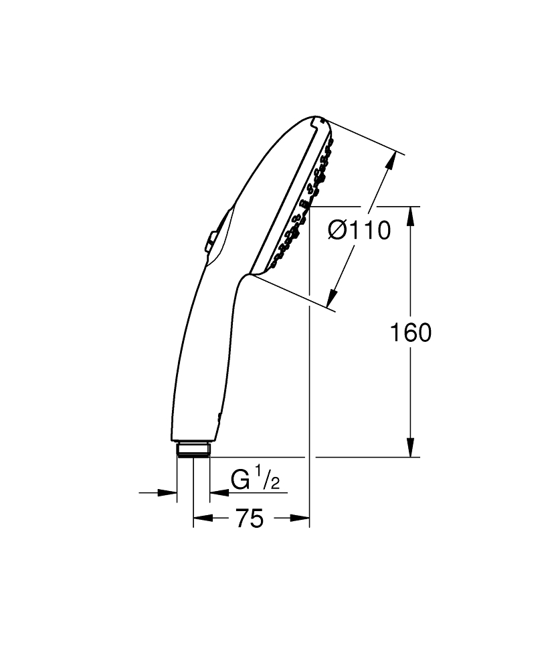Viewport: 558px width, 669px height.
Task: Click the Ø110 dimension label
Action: pyautogui.click(x=359, y=231)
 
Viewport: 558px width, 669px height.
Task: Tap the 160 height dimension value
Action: pyautogui.click(x=410, y=332)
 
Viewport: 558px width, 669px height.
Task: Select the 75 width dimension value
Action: pyautogui.click(x=249, y=518)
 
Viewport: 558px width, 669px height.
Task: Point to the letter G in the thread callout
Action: pyautogui.click(x=241, y=480)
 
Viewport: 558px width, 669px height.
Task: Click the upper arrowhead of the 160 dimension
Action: pyautogui.click(x=411, y=215)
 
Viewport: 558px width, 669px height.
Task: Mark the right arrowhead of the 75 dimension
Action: pyautogui.click(x=300, y=518)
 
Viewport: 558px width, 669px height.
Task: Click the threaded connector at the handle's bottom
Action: pyautogui.click(x=193, y=449)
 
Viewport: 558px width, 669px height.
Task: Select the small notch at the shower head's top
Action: pyautogui.click(x=315, y=122)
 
